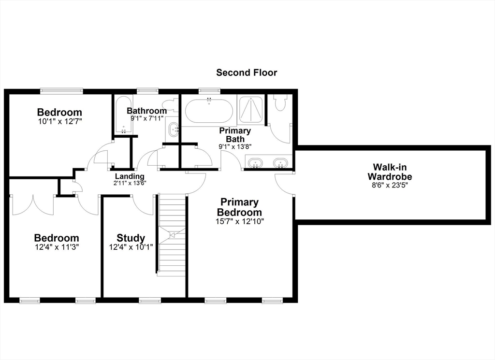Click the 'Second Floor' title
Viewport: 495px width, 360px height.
coord(247,72)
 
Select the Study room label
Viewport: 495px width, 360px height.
coord(131,238)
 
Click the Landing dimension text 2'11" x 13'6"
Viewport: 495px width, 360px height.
coord(130,183)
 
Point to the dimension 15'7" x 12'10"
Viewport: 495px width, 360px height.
coord(240,221)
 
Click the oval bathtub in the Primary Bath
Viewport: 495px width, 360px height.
coord(209,111)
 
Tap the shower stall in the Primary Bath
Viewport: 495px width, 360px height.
coord(251,110)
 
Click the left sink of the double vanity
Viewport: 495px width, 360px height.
coord(255,163)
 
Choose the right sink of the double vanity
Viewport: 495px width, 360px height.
coord(280,163)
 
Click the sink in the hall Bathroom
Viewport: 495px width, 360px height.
coord(174,130)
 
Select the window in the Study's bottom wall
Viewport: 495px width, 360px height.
coord(150,301)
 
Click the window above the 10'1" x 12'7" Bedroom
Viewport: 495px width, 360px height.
coord(61,91)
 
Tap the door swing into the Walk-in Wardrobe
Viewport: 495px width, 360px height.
coord(284,184)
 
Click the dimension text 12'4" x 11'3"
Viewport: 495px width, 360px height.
coord(57,247)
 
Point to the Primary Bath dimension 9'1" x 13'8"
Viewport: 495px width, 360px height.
coord(235,146)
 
